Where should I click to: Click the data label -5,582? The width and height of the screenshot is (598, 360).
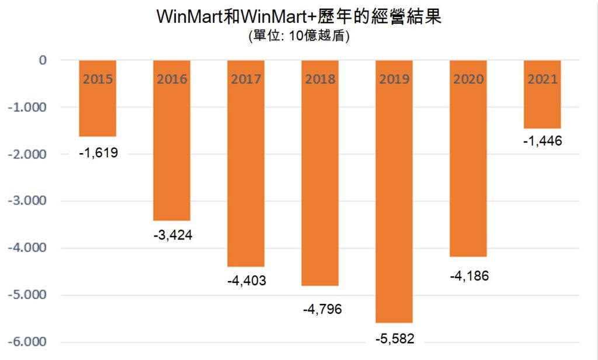394,338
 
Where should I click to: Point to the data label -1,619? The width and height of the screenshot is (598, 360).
98,154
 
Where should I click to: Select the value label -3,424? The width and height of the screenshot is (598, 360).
172,236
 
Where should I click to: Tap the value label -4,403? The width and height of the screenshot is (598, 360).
246,281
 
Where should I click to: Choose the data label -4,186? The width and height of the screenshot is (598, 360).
468,275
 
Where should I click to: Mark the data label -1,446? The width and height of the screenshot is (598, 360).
543,141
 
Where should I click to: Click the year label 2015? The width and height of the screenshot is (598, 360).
98,79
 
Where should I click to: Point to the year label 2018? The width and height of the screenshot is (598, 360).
320,79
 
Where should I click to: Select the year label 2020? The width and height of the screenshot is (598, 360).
468,79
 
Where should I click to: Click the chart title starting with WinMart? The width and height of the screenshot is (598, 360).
298,16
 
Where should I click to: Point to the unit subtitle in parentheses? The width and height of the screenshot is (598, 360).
298,36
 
